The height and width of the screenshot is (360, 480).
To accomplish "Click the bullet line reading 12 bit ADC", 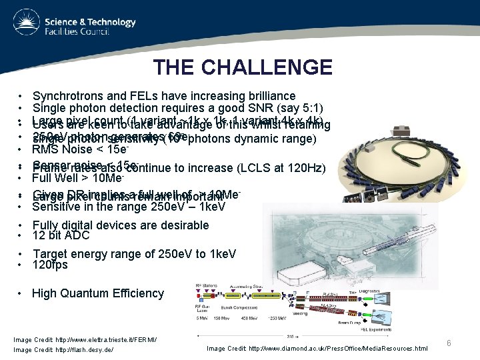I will click(63, 235).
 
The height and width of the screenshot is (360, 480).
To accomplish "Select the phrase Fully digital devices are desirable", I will click(120, 225).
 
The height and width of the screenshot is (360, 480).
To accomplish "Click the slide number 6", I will click(449, 343).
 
